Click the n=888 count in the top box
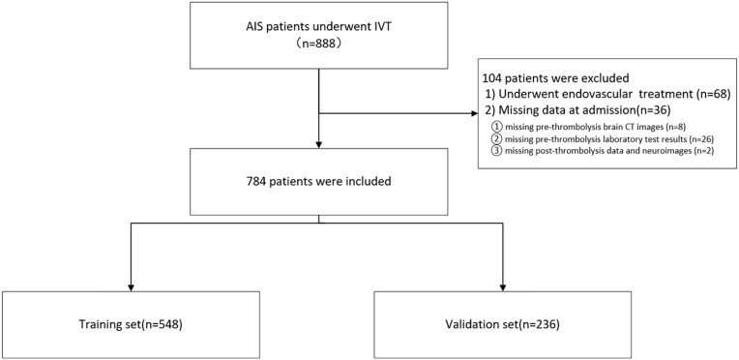319,46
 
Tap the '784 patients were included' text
319,181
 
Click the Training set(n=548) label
131,325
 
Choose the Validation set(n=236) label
503,325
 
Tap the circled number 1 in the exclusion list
496,127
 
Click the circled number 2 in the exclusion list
496,139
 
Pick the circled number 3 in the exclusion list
496,152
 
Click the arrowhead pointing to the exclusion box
474,113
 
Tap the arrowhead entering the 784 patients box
319,143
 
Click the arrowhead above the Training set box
131,287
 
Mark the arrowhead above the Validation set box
503,287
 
